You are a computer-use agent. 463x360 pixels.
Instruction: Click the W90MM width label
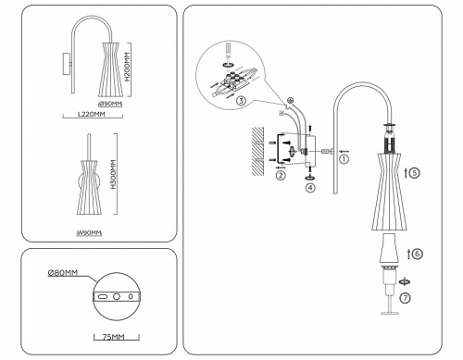click(89, 231)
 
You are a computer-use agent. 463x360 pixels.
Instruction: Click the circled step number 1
click(344, 158)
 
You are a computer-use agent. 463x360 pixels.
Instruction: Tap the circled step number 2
click(281, 174)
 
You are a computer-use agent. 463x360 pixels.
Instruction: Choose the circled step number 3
click(240, 103)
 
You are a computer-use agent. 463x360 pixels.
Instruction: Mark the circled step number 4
click(309, 188)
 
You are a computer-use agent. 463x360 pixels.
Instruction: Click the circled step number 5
click(415, 172)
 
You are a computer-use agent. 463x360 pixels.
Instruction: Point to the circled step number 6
click(418, 253)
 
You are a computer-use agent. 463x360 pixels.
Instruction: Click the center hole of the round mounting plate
click(117, 296)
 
